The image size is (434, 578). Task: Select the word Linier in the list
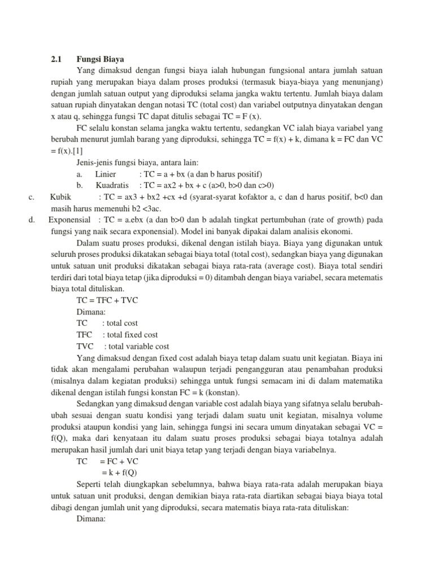105,173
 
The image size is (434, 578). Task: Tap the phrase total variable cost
138,346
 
